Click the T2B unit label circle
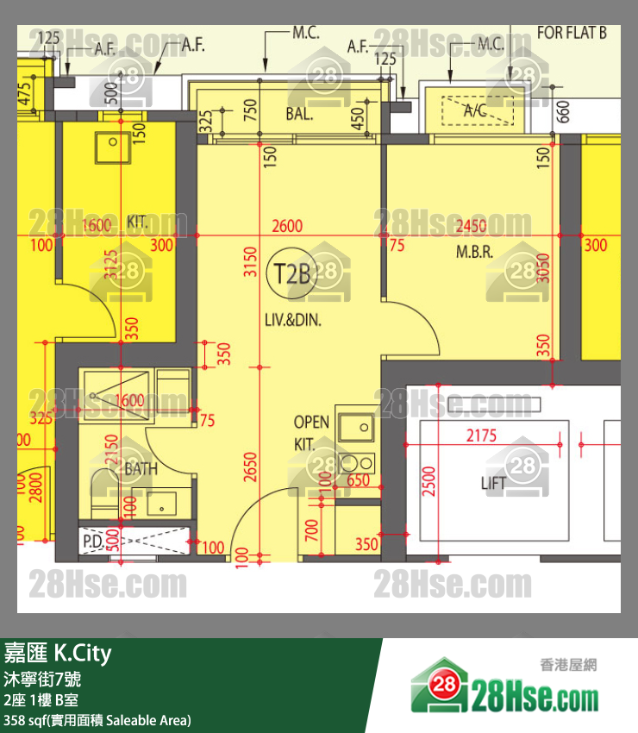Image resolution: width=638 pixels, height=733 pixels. pyautogui.click(x=292, y=273)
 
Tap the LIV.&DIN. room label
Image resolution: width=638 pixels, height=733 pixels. pyautogui.click(x=293, y=321)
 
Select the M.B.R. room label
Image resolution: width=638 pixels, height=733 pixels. pyautogui.click(x=474, y=253)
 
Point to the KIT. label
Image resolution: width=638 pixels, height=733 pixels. pyautogui.click(x=137, y=222)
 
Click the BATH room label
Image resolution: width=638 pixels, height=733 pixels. pyautogui.click(x=141, y=469)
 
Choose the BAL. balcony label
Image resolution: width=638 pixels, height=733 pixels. pyautogui.click(x=299, y=114)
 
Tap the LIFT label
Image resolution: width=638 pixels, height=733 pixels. pyautogui.click(x=493, y=484)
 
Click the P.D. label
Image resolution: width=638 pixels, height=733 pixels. pyautogui.click(x=92, y=541)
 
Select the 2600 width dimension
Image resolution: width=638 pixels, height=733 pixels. pyautogui.click(x=287, y=226)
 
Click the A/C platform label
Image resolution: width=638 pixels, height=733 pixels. pyautogui.click(x=475, y=110)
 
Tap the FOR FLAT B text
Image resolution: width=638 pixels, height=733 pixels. pyautogui.click(x=572, y=33)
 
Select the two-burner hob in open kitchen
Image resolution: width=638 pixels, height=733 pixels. pyautogui.click(x=354, y=464)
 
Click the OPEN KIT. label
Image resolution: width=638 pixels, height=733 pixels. pyautogui.click(x=311, y=432)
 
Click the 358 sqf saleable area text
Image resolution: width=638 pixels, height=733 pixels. pyautogui.click(x=97, y=719)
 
